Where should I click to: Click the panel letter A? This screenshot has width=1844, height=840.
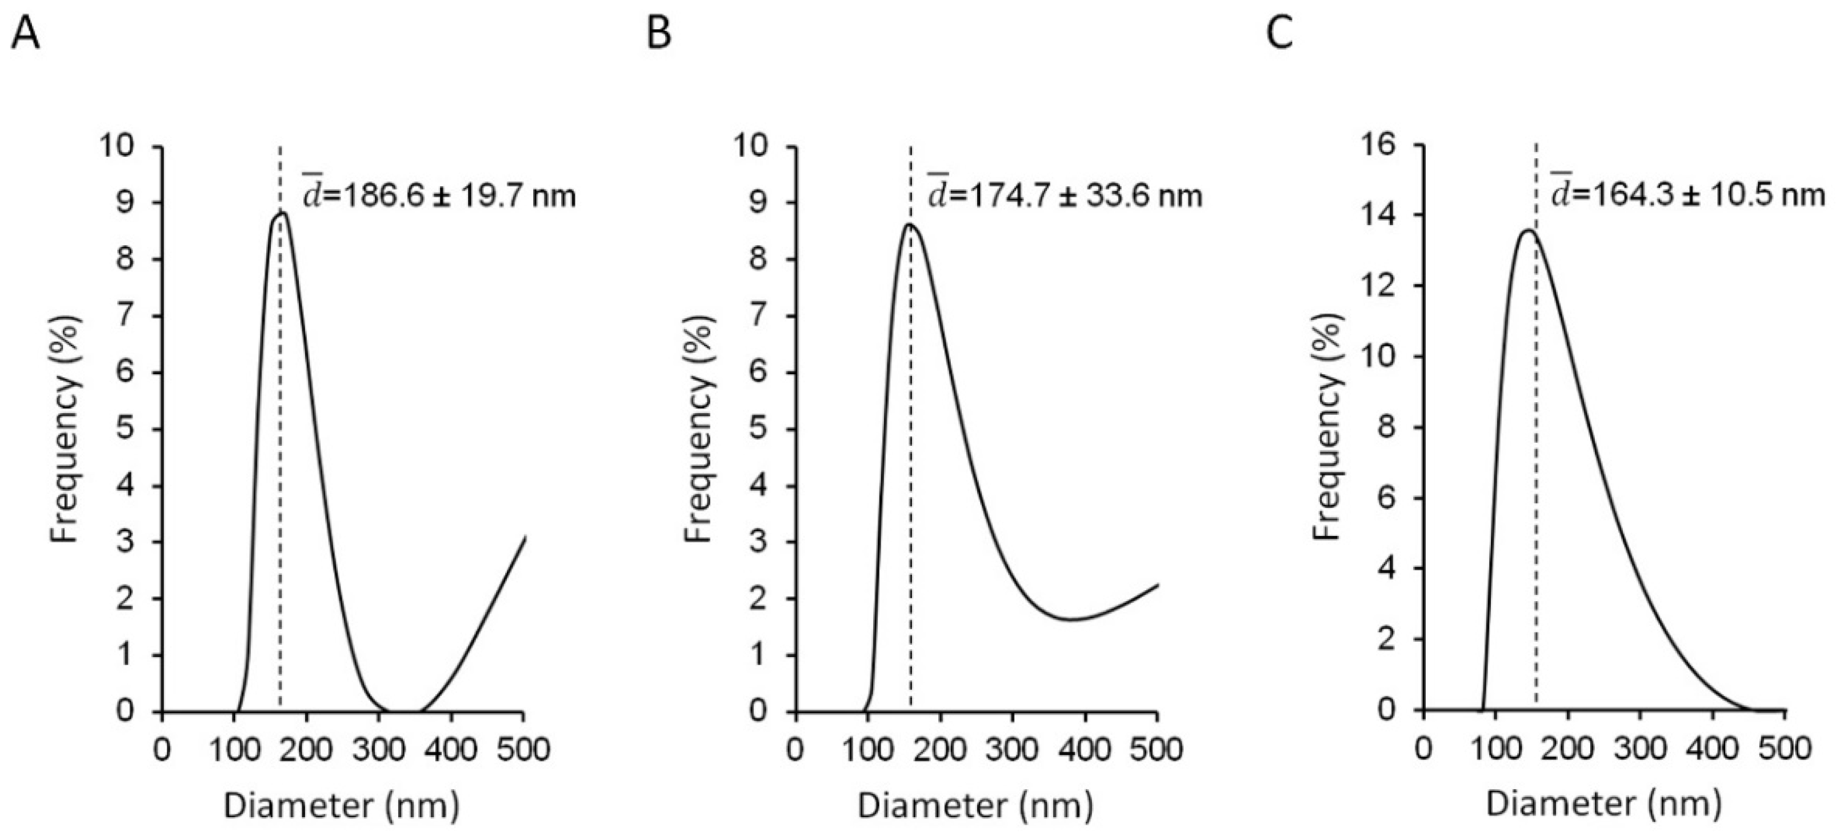click(x=25, y=34)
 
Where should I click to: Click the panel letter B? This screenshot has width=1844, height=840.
click(x=658, y=34)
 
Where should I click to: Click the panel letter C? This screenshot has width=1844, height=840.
click(x=1280, y=34)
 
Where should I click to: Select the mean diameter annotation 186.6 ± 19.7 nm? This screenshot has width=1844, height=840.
click(x=438, y=195)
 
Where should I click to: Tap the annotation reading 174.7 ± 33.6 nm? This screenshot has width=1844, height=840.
click(x=1065, y=195)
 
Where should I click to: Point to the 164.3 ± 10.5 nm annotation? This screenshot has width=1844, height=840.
click(x=1688, y=195)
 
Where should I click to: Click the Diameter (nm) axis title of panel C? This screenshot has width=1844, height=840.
click(x=1603, y=804)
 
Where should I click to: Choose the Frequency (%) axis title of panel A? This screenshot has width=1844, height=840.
click(x=65, y=430)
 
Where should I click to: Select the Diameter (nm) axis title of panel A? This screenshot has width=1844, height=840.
click(x=342, y=806)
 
